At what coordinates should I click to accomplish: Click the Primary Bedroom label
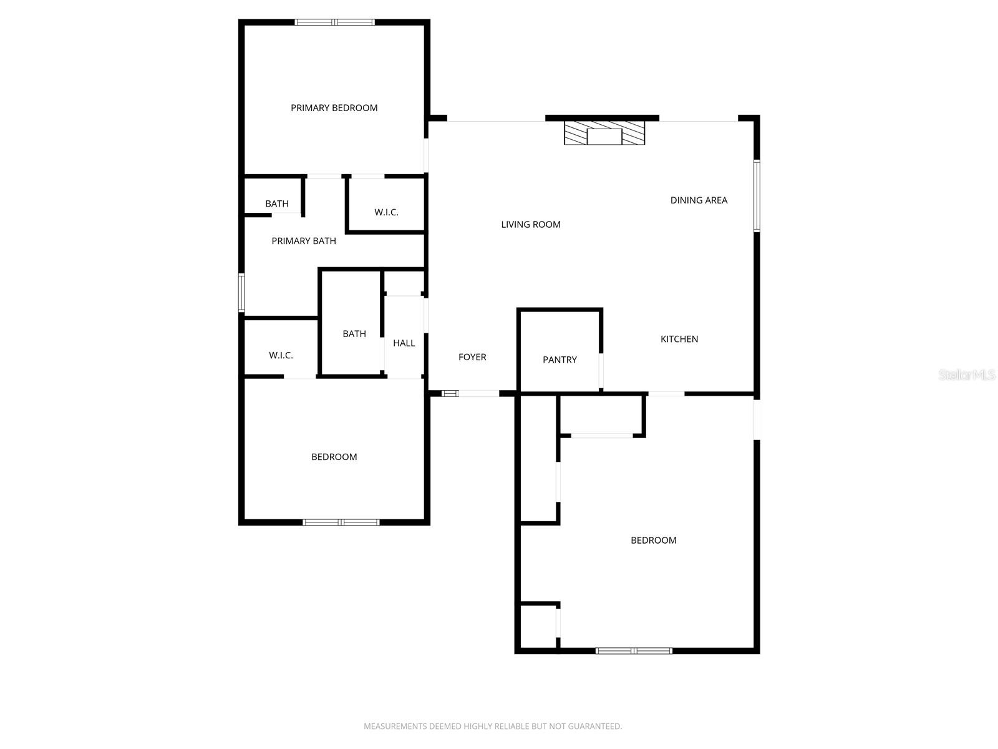click(334, 108)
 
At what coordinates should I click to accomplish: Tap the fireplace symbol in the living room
click(604, 133)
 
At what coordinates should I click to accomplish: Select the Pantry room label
click(560, 360)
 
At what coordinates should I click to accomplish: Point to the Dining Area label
click(699, 200)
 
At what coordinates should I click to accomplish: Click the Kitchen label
click(679, 339)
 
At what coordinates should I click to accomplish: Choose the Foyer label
click(472, 357)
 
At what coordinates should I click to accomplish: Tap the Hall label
click(404, 343)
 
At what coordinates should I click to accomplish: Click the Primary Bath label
click(304, 241)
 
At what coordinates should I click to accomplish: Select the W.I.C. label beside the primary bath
click(386, 212)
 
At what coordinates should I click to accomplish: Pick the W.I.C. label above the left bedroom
click(281, 355)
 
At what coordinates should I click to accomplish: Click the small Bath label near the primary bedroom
click(277, 203)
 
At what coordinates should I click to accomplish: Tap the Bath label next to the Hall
click(354, 334)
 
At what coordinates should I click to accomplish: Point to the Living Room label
click(531, 224)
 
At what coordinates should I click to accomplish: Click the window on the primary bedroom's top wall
click(335, 22)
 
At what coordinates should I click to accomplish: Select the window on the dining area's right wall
click(757, 196)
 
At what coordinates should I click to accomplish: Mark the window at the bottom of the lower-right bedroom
click(634, 650)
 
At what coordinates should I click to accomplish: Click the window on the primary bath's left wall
click(241, 292)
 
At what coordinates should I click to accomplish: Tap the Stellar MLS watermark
click(967, 374)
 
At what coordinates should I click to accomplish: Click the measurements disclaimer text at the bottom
click(493, 726)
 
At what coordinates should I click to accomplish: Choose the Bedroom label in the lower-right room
click(653, 541)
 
